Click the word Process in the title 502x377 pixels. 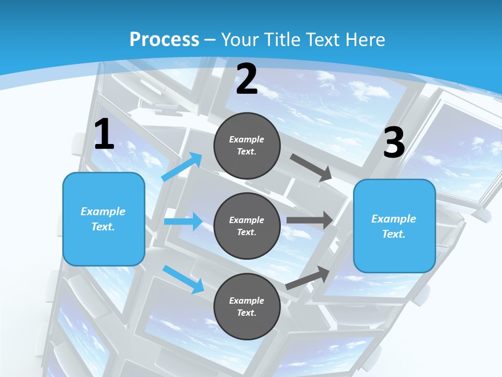click(164, 39)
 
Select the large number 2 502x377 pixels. click(247, 80)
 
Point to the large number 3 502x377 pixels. click(394, 142)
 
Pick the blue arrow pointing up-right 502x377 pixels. click(182, 167)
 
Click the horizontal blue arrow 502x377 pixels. click(183, 221)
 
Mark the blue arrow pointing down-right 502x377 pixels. click(183, 279)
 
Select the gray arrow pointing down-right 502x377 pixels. click(311, 168)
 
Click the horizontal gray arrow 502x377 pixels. click(310, 220)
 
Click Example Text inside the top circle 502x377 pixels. click(247, 146)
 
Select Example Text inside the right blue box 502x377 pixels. click(394, 226)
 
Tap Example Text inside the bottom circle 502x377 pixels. click(247, 307)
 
